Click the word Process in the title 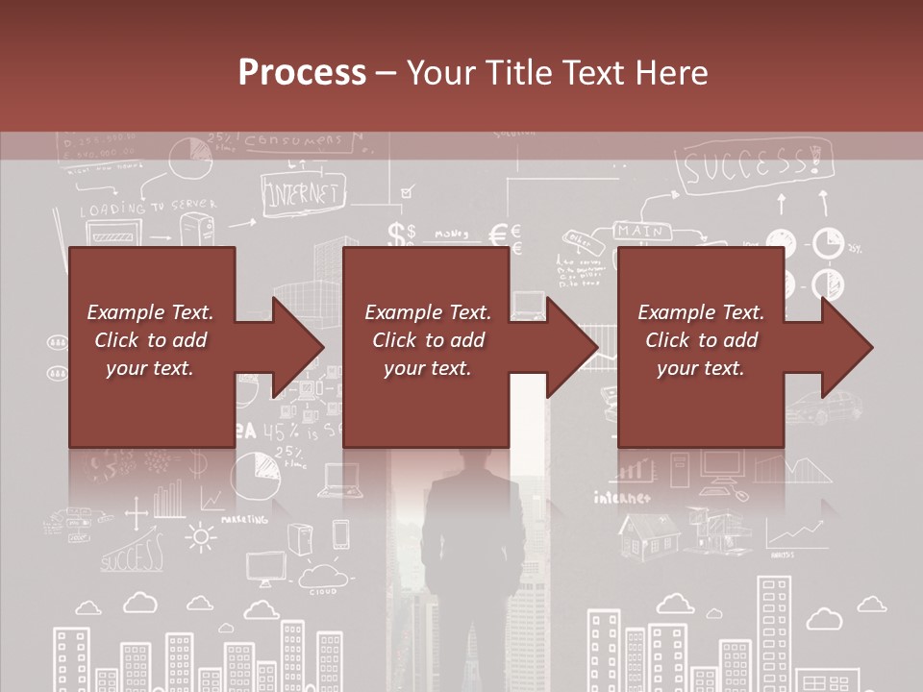[302, 73]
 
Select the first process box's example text [150, 340]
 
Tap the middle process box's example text [428, 340]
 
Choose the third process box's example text [701, 340]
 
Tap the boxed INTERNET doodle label [303, 193]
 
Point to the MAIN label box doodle [639, 232]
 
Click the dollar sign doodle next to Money [398, 234]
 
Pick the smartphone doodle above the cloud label [340, 534]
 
